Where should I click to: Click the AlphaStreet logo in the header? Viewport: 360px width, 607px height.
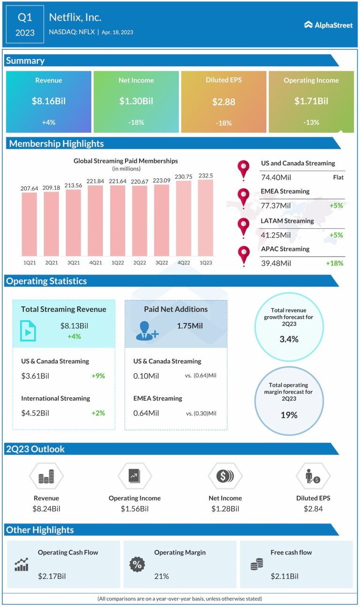coord(328,25)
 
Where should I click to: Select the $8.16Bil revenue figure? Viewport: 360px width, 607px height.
coord(49,101)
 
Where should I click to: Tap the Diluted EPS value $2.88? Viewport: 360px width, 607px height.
coord(223,102)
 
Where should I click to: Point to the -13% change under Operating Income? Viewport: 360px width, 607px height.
coord(311,122)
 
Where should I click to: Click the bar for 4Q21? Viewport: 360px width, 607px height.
coord(95,220)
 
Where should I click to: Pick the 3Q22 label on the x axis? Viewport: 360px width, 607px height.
coord(161,262)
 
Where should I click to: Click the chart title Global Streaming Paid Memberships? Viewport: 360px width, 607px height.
coord(126,161)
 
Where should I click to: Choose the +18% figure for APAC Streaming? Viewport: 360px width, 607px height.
coord(335,263)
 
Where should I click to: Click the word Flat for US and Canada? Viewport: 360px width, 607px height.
coord(338,177)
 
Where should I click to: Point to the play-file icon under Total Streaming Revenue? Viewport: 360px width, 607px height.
coord(28,331)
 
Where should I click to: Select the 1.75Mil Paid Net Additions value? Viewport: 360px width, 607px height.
coord(190,326)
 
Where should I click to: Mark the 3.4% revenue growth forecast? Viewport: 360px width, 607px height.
coord(289,339)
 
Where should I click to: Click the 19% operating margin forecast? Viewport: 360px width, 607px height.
coord(289,415)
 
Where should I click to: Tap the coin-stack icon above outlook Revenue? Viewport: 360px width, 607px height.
coord(46,477)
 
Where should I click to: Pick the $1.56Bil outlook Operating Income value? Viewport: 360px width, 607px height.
coord(135,509)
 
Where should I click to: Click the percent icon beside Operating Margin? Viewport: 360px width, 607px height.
coord(137,565)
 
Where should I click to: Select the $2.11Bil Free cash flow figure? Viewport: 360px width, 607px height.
coord(285,576)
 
